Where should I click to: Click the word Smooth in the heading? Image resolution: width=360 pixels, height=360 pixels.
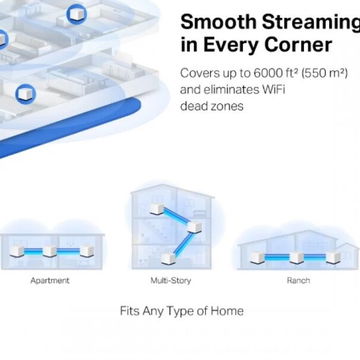tap(218, 23)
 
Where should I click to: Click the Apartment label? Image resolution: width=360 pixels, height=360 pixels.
tap(50, 281)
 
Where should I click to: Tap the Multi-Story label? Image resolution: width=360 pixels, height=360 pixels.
tap(171, 280)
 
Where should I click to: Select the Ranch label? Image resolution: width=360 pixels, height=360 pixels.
tap(298, 280)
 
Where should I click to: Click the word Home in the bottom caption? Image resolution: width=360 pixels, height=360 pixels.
tap(227, 311)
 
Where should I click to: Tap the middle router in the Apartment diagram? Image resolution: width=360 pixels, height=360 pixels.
tap(50, 251)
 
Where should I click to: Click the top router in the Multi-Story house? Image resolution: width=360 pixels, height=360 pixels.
tap(157, 209)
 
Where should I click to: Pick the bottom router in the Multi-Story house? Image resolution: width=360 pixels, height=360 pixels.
tap(168, 258)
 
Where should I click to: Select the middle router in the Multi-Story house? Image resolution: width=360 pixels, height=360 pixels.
tap(194, 227)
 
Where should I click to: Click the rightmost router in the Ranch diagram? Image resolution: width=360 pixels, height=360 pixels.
tap(333, 257)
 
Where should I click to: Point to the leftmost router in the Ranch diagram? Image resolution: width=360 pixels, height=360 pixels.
tap(257, 258)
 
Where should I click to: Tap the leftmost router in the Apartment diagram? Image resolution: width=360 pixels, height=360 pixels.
tap(17, 251)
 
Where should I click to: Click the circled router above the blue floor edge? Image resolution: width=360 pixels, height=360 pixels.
tap(26, 94)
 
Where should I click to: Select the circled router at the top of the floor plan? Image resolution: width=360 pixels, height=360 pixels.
tap(77, 14)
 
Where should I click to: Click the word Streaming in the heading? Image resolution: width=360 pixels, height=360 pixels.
tap(311, 23)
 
